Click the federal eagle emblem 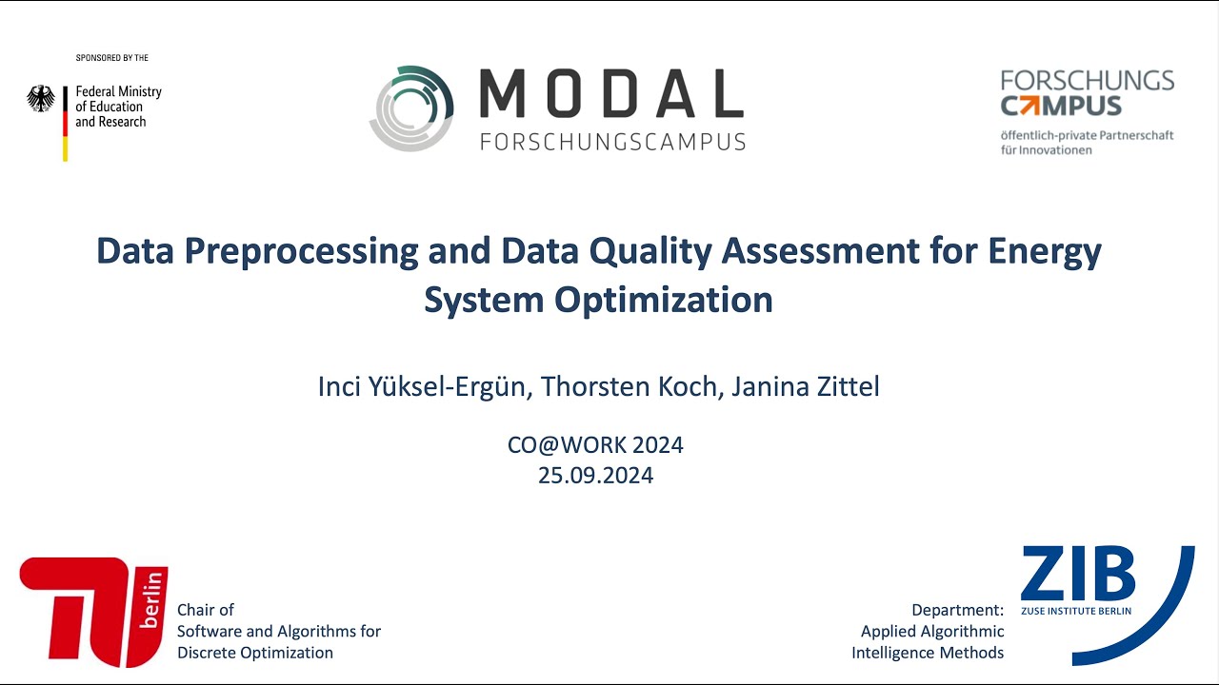coord(40,99)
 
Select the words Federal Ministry coord(118,91)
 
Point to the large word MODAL coord(610,93)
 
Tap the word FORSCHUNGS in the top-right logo coord(1087,80)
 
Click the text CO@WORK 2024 coord(595,445)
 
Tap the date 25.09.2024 coord(595,476)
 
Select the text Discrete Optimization coord(255,653)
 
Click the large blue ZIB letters coord(1078,574)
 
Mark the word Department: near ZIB coord(957,610)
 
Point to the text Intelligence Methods coord(928,653)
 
